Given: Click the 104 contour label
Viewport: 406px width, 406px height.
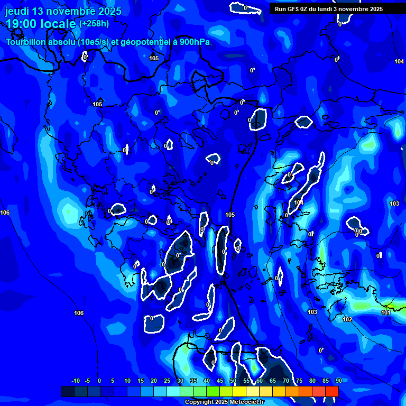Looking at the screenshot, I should (x=399, y=62).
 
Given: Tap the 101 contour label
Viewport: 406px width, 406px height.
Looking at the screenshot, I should (x=385, y=312).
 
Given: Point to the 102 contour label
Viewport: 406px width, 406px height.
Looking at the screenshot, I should (x=347, y=319).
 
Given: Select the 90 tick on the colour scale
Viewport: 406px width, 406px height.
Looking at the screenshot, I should (x=338, y=381).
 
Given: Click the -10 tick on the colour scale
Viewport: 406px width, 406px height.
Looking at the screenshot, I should (x=75, y=381).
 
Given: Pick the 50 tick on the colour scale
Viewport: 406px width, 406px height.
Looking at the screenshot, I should (x=233, y=381).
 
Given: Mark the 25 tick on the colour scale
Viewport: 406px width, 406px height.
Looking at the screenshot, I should (x=167, y=381).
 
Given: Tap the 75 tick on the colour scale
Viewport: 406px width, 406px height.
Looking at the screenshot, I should (x=299, y=381).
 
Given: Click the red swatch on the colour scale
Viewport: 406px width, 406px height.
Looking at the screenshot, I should (x=331, y=391).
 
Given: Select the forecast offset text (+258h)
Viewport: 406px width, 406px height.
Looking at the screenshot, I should (x=94, y=24).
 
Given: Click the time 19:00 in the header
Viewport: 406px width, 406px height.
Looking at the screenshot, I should (x=24, y=24).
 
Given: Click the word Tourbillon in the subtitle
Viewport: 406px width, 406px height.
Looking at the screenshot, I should (x=26, y=42).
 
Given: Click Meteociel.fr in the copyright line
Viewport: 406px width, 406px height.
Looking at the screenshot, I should (x=244, y=402).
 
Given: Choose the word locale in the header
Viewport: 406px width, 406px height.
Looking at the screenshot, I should (x=60, y=24).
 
